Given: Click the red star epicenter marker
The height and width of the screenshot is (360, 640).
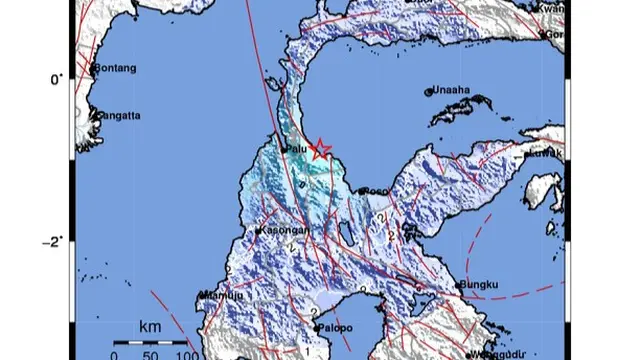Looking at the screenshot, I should (320, 150).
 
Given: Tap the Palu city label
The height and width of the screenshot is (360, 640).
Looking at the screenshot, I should (295, 150).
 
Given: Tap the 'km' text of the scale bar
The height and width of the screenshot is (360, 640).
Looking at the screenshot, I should (150, 326).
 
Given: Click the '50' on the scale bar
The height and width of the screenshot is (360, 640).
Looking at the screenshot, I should (150, 353).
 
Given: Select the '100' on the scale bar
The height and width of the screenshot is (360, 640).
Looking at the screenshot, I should (187, 353).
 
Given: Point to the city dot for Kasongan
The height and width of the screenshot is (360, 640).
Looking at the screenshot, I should (259, 231).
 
